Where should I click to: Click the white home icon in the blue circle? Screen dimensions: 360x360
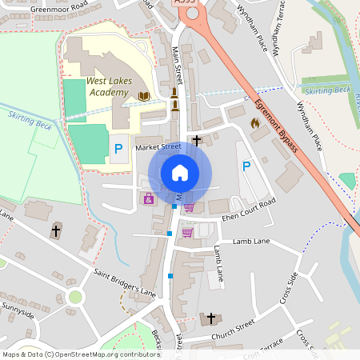pos(180,173)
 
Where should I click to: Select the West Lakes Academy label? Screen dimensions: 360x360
pos(107,87)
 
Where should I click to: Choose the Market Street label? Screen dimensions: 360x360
pos(158,147)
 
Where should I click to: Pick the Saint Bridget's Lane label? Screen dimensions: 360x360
pos(124,282)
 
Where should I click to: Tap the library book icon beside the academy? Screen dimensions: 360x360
pos(144,96)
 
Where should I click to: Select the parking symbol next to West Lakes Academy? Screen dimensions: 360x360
pos(118,148)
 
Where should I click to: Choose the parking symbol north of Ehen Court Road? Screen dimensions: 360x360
pos(246,166)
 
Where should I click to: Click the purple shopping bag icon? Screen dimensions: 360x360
pos(148,198)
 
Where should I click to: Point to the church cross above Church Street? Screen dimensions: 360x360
pos(211,318)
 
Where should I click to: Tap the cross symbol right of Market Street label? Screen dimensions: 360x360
pos(196,140)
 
